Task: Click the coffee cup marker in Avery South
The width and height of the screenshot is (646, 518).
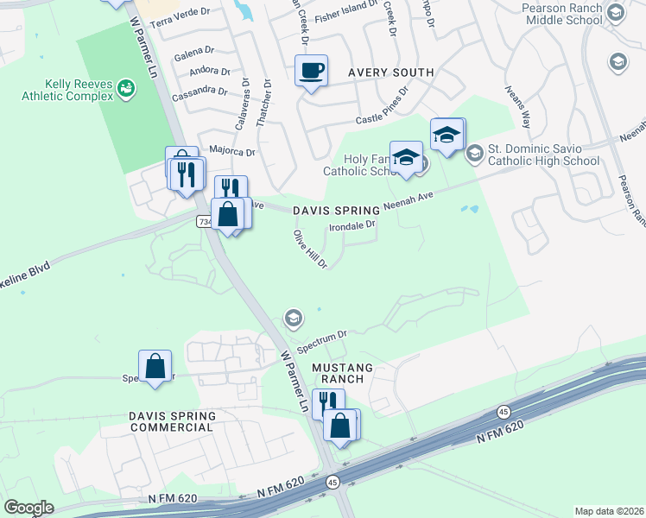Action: click(x=311, y=70)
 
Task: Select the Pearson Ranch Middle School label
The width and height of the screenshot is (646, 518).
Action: click(x=564, y=12)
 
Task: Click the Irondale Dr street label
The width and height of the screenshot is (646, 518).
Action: click(x=352, y=226)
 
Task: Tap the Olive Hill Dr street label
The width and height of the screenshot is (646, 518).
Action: click(x=310, y=249)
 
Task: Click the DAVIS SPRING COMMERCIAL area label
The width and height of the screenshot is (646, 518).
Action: click(x=171, y=421)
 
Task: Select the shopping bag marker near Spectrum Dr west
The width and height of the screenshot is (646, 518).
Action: click(x=155, y=365)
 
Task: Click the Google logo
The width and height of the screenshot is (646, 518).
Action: click(x=28, y=508)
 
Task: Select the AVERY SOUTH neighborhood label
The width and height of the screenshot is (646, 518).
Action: click(x=389, y=72)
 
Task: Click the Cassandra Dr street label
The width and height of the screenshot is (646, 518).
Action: click(x=199, y=91)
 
